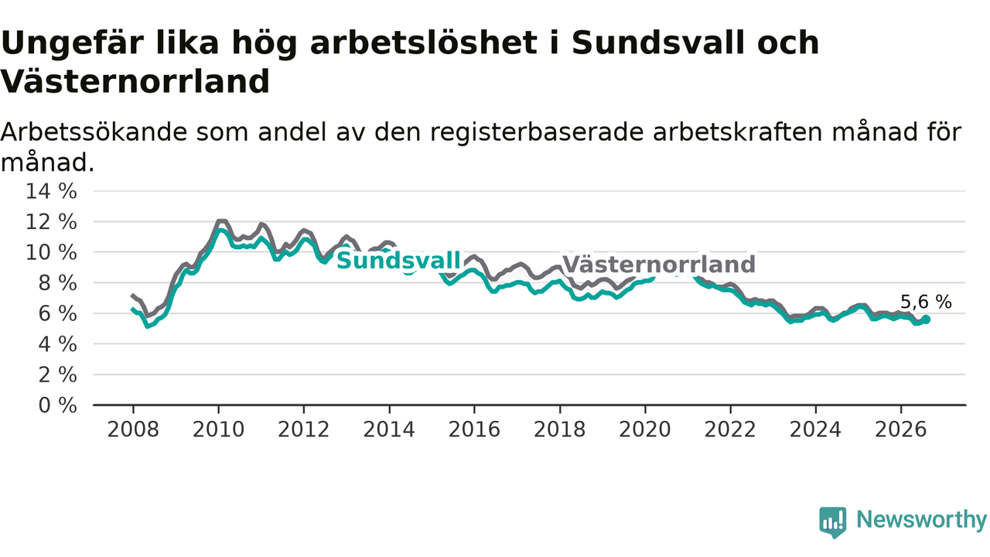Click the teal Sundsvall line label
point(398,261)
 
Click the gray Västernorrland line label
point(658,265)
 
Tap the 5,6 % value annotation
point(926,302)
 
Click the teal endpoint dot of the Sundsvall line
point(926,320)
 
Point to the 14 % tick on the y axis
point(51,191)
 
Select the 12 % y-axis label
point(51,222)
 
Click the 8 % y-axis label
point(57,283)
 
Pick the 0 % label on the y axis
point(57,405)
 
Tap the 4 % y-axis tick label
point(57,344)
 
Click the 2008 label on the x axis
point(133,429)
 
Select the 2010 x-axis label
point(218,429)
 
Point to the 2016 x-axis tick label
point(474,429)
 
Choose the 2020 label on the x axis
point(645,429)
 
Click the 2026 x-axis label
point(901,429)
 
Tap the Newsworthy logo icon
point(833,522)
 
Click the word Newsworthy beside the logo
point(922,519)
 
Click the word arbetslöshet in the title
point(423,43)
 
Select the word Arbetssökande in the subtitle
point(94,132)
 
